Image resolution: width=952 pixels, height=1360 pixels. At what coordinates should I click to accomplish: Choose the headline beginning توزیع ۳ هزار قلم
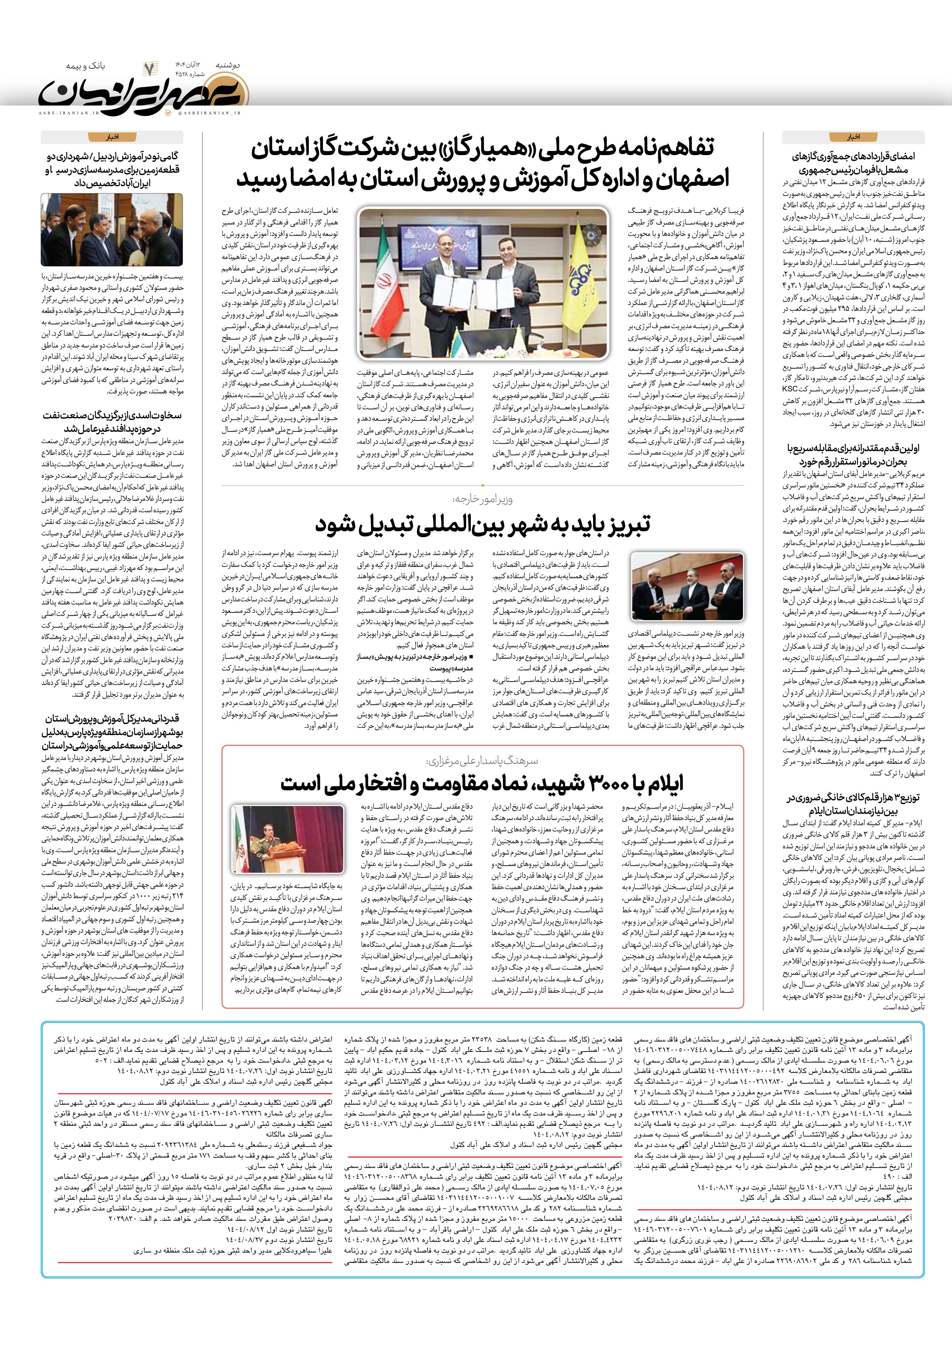click(x=853, y=804)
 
